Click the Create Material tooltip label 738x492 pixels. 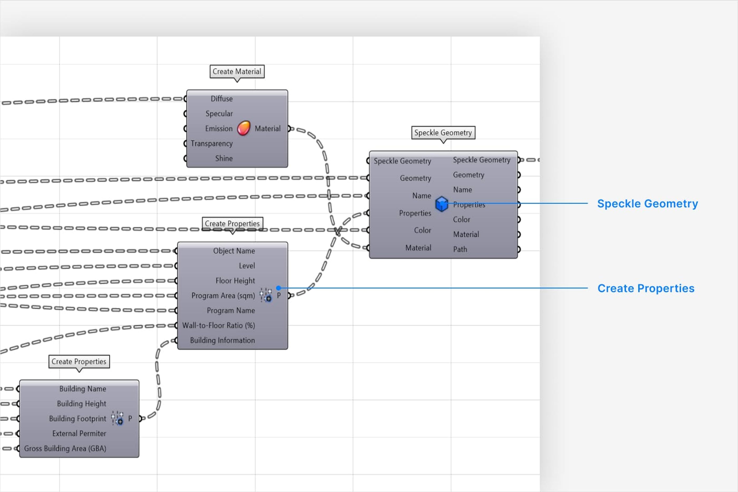click(x=237, y=71)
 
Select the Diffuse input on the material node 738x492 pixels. click(x=221, y=99)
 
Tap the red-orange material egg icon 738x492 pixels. click(x=244, y=128)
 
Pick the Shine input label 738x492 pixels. click(x=224, y=158)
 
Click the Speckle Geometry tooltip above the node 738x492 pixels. click(x=443, y=133)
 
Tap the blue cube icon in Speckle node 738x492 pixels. click(x=441, y=204)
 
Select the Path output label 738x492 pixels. click(x=460, y=250)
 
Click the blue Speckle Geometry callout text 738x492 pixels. click(x=647, y=204)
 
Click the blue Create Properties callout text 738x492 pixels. click(x=646, y=288)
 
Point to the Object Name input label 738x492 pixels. click(x=234, y=251)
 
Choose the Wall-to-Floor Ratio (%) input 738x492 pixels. click(x=219, y=325)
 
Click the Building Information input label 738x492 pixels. click(x=222, y=340)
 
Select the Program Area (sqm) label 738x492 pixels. click(x=223, y=296)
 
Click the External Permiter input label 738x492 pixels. click(x=79, y=434)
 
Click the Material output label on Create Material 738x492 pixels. click(x=267, y=129)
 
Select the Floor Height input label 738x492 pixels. click(x=235, y=281)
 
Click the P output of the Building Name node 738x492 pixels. click(x=130, y=418)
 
